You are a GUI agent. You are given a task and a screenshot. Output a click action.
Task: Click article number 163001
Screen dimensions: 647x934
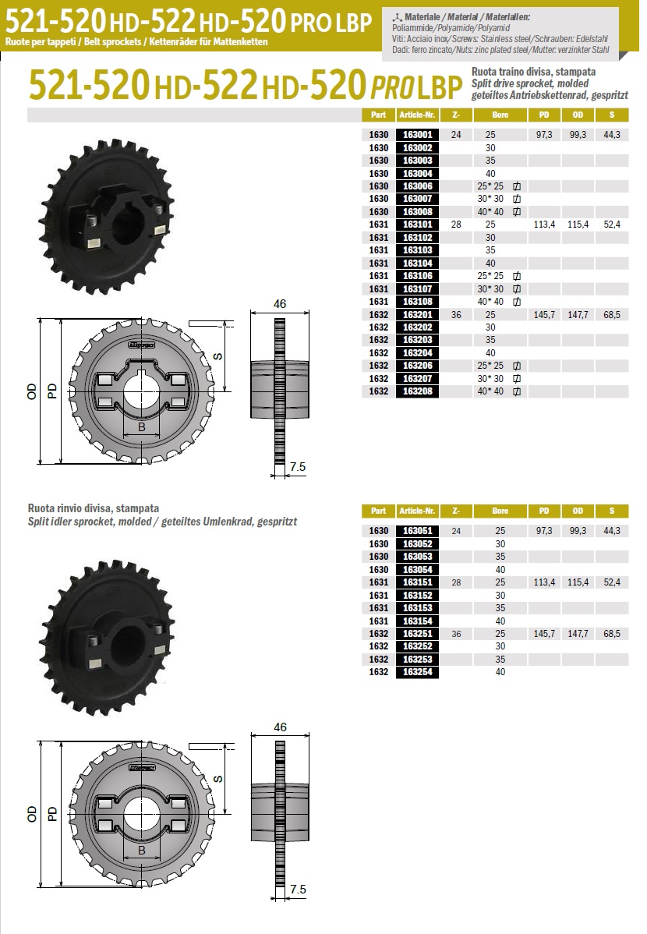[417, 135]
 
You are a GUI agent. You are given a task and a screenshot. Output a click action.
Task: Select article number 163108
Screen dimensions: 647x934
[417, 302]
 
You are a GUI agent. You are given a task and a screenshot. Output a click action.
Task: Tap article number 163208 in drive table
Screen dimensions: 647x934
[417, 391]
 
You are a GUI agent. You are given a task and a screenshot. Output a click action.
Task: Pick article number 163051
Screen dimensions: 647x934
[417, 531]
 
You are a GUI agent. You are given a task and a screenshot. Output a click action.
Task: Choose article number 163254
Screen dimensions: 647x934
[417, 672]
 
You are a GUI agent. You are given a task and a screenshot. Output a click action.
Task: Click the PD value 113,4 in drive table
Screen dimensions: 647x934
[545, 225]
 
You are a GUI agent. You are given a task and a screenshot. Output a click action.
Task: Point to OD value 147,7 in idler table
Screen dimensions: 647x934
[578, 634]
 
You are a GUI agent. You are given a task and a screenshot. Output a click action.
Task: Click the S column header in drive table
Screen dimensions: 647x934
[612, 115]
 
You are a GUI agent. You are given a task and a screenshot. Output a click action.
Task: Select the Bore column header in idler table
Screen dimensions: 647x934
[500, 511]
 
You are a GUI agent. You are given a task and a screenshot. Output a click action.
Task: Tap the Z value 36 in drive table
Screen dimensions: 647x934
[456, 314]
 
